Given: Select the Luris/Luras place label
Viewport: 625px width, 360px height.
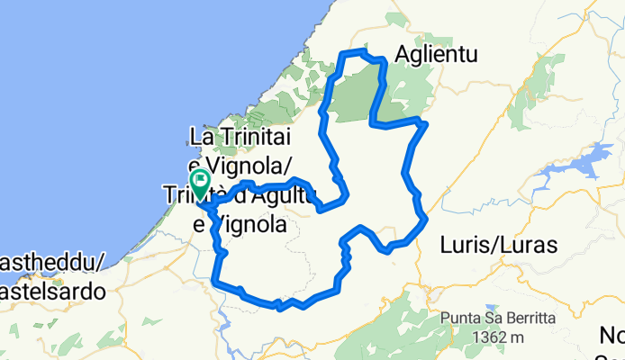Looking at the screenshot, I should pyautogui.click(x=500, y=244).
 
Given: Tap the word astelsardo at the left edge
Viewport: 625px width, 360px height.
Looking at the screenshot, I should pyautogui.click(x=51, y=292).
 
